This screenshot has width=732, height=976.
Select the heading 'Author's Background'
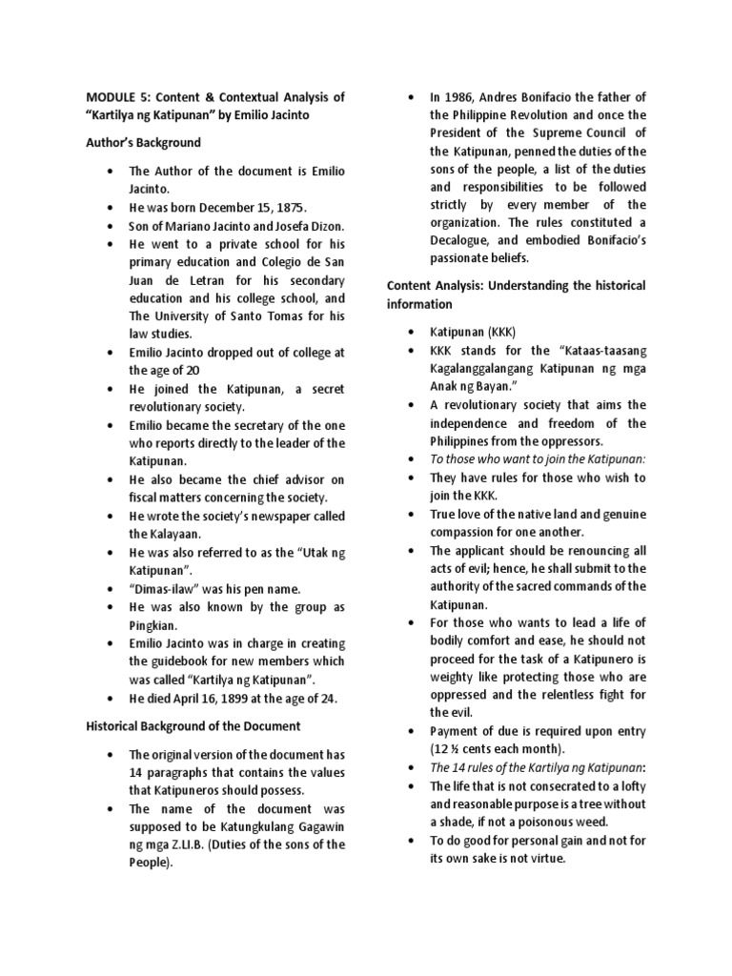tap(143, 142)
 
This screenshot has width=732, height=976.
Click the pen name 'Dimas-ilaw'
tap(168, 588)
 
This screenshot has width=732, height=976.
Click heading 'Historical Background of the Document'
tap(193, 726)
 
